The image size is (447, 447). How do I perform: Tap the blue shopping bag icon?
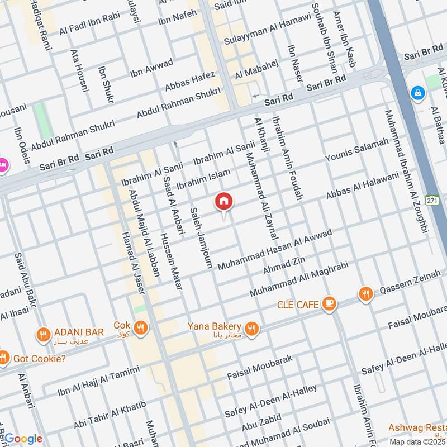coord(417,93)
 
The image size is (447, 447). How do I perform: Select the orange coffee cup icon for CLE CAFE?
coord(329,304)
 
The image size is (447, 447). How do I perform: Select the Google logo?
coord(23,439)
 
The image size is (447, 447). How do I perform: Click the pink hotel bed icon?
coord(2,165)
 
